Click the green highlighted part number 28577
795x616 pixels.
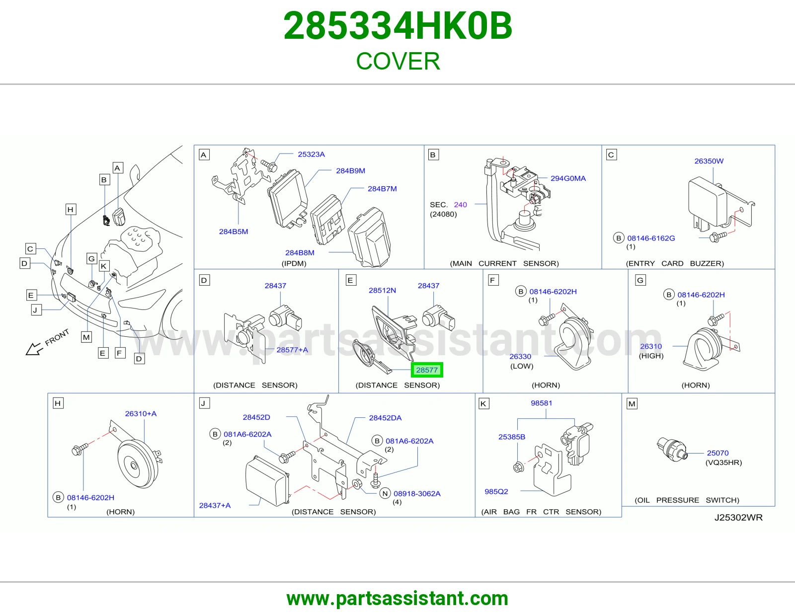click(427, 370)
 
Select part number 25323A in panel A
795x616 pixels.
click(311, 154)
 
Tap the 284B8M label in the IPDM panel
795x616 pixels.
click(300, 253)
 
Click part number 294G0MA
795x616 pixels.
click(568, 178)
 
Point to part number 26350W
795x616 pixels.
click(709, 161)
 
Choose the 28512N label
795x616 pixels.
click(382, 291)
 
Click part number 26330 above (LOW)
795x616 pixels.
click(520, 356)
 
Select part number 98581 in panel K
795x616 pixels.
click(541, 403)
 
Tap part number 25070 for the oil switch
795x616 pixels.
click(717, 453)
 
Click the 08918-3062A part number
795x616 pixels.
click(417, 493)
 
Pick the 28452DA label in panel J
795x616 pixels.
click(385, 418)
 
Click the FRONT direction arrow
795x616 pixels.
click(34, 349)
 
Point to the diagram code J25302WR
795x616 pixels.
click(738, 518)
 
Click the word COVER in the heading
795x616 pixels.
click(397, 61)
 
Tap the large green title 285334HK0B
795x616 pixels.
click(397, 26)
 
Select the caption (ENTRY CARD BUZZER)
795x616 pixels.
click(675, 263)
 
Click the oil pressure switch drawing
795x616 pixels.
click(672, 449)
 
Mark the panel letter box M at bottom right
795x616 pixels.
click(632, 404)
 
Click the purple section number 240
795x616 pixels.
click(460, 205)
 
